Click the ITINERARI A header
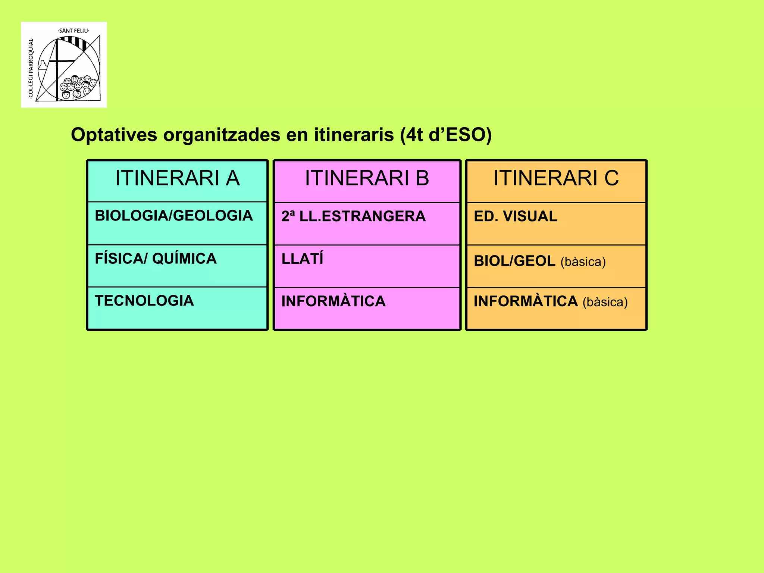(x=177, y=178)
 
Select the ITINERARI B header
(x=367, y=178)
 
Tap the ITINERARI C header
(x=556, y=178)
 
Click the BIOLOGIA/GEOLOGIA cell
(x=174, y=216)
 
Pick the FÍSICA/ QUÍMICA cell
(x=156, y=259)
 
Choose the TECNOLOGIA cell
(x=144, y=301)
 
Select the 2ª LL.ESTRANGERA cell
(x=353, y=217)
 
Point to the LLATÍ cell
(x=302, y=259)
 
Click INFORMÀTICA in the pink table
(x=333, y=301)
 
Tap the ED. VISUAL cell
(x=516, y=217)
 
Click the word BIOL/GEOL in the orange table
(x=514, y=261)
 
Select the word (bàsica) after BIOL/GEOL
(x=583, y=262)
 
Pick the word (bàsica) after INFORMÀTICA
(x=605, y=302)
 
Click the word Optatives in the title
(x=114, y=135)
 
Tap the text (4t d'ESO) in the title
(x=446, y=135)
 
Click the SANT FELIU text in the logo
(x=74, y=31)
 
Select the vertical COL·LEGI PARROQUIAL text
(x=31, y=68)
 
